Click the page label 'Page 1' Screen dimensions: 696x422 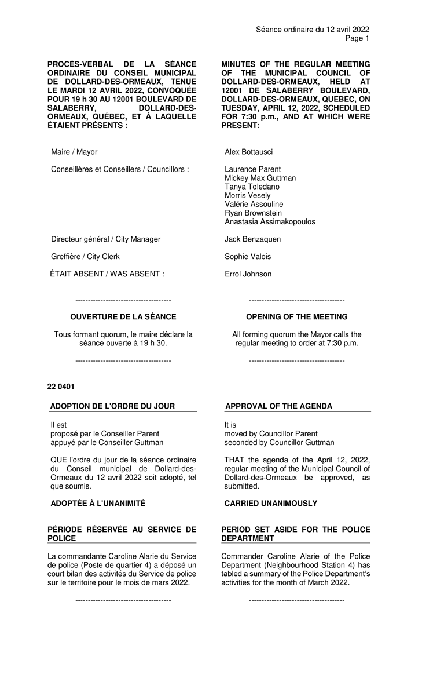(357, 38)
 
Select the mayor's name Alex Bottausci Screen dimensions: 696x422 (248, 152)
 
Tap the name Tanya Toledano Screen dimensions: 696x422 (252, 187)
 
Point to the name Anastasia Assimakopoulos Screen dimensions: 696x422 (270, 221)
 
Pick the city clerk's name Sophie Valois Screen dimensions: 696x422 (248, 256)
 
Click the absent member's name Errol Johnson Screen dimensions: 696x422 (248, 274)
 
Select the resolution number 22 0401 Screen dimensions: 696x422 (61, 386)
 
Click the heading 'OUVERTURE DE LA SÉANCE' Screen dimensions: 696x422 (123, 317)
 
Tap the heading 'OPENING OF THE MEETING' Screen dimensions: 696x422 (297, 317)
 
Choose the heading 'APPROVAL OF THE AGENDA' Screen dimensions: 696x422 (278, 406)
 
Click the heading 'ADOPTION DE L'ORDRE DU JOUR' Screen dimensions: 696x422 (112, 406)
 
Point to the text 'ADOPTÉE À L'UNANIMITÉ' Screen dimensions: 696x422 (98, 504)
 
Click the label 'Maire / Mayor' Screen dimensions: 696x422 (74, 152)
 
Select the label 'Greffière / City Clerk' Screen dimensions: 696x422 (85, 256)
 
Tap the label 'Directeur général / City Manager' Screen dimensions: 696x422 (105, 239)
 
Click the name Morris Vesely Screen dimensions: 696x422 (247, 195)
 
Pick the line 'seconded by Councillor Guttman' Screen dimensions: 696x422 (279, 442)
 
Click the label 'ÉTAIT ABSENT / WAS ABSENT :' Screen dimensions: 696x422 (107, 274)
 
